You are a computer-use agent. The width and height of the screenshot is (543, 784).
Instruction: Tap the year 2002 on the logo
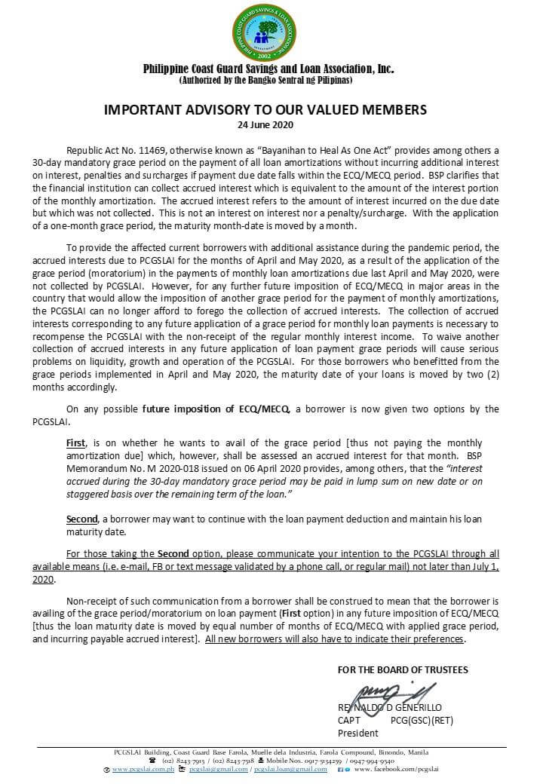[268, 56]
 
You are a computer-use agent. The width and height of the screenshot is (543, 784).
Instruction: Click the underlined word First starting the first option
[76, 443]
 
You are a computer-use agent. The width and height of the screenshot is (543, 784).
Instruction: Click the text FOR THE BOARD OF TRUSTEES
[403, 669]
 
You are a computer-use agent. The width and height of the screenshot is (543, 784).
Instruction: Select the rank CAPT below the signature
[349, 721]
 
